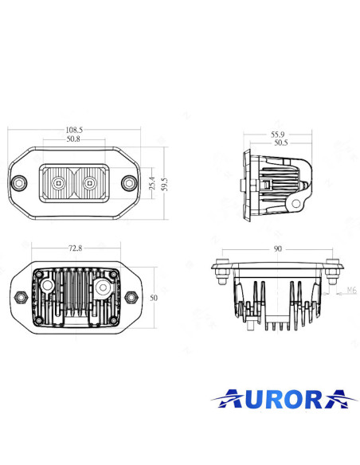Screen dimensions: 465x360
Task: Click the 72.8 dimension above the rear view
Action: (76, 249)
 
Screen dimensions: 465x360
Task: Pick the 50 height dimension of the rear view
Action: (153, 297)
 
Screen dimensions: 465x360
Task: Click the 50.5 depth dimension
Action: (280, 143)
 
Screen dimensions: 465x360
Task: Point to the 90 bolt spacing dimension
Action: (277, 249)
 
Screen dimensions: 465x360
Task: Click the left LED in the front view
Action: (58, 183)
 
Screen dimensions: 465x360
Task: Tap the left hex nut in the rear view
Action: (19, 297)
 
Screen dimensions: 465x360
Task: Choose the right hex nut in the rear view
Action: (131, 297)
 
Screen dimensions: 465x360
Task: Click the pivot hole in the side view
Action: (296, 205)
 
